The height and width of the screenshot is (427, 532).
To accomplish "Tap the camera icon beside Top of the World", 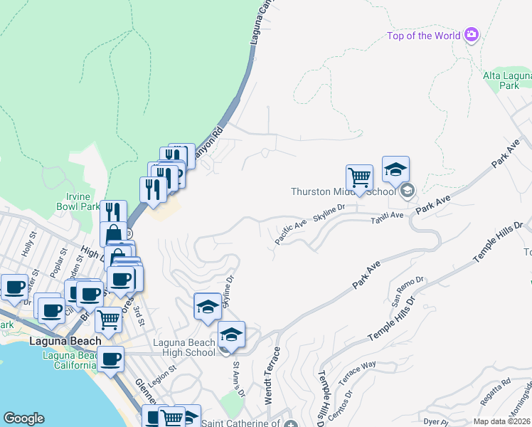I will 471,35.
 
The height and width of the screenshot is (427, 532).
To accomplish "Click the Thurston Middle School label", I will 343,191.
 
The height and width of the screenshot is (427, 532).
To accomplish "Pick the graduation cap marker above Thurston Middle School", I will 395,169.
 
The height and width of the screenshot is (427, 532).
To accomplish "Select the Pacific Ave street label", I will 290,233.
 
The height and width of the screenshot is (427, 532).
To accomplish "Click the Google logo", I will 23,418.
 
